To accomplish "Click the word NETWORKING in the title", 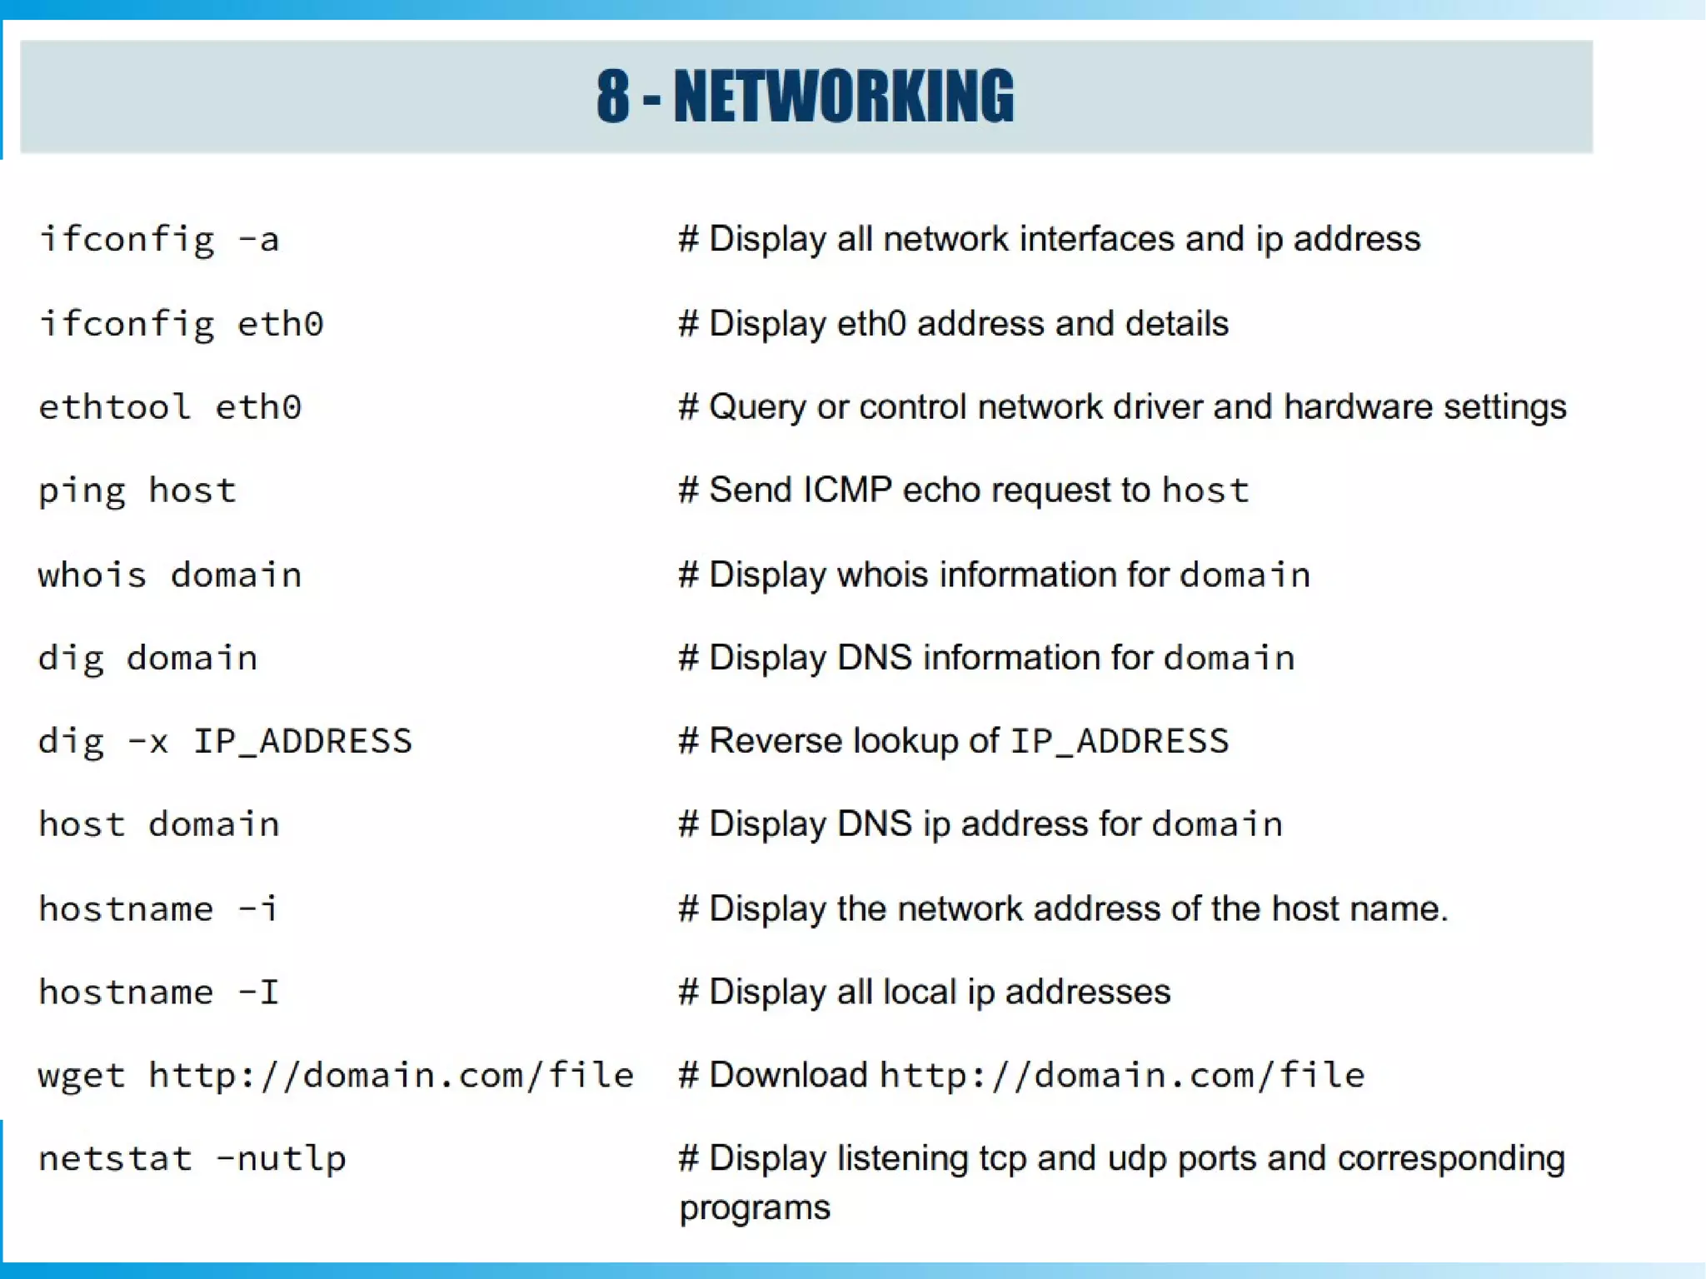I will (x=843, y=97).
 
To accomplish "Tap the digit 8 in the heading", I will (x=612, y=97).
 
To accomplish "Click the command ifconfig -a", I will (x=159, y=240).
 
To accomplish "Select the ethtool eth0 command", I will (x=170, y=407).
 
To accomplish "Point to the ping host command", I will (x=137, y=490).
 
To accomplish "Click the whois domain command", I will (x=170, y=575).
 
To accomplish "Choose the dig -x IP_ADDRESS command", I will (x=225, y=741).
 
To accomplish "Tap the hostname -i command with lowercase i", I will (x=158, y=908).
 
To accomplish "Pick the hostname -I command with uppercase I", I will (x=158, y=992).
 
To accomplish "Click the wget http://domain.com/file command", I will (x=336, y=1075).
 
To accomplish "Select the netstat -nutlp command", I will (x=192, y=1158).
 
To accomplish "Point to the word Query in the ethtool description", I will (x=757, y=407).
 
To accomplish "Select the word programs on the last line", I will (x=755, y=1208).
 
